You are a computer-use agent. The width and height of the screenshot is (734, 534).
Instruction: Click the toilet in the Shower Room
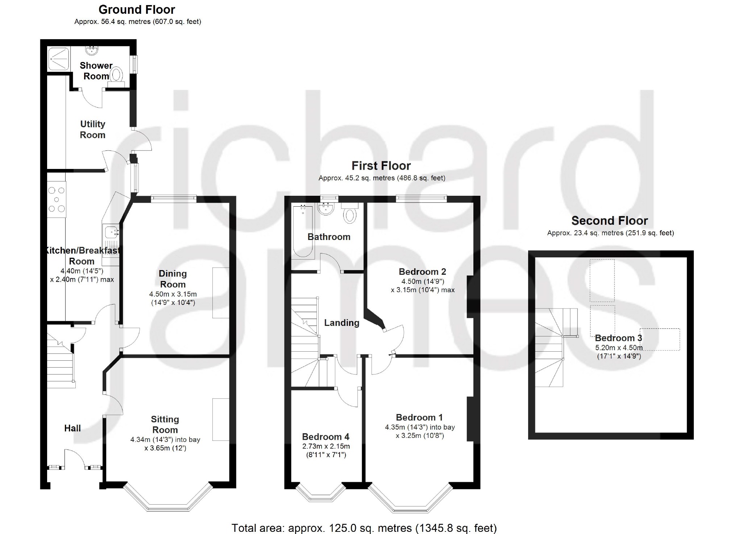116,77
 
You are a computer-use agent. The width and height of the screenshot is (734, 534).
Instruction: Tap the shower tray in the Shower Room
59,58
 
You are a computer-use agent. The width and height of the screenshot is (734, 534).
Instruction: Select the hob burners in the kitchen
57,199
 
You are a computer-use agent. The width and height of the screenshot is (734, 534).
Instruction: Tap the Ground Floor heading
137,9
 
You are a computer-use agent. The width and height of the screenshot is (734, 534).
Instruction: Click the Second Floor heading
610,220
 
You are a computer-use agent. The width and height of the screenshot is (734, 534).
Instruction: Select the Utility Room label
93,129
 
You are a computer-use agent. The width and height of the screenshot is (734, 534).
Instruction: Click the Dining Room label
173,279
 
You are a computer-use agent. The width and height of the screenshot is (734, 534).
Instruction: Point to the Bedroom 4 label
326,436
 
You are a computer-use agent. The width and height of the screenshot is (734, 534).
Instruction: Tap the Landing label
341,323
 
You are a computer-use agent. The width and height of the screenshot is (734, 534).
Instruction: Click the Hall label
72,428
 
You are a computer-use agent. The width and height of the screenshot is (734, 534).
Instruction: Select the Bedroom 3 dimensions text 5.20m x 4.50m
619,348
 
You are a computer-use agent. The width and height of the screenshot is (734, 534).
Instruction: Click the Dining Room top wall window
174,199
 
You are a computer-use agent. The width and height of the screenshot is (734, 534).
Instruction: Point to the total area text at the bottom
364,528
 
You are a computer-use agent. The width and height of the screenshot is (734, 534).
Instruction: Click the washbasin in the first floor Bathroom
326,209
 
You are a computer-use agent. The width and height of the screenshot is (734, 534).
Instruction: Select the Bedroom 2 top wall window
421,198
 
